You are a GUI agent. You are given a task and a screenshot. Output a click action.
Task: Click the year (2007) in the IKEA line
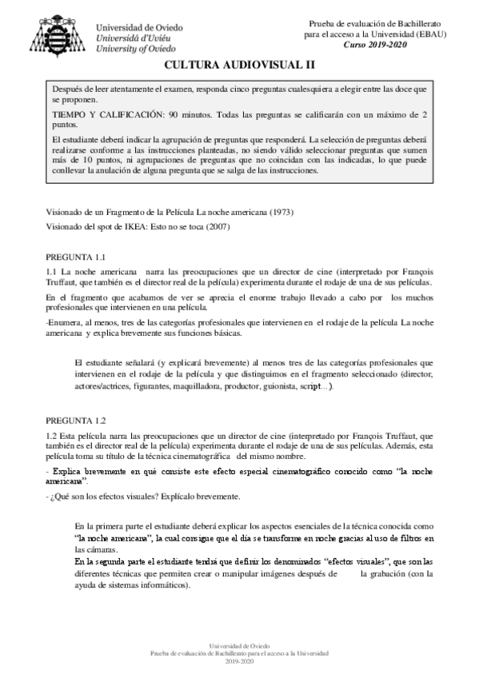click(222, 227)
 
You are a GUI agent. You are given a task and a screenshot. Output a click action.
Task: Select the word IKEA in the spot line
click(132, 227)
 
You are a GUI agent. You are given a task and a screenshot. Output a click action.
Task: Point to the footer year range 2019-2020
click(239, 662)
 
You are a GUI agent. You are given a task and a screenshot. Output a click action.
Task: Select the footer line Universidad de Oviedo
click(239, 644)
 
